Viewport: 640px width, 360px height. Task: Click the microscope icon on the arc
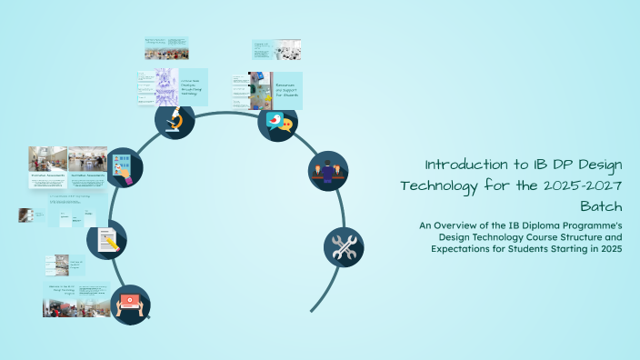tap(175, 120)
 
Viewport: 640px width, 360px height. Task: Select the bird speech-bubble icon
tap(277, 121)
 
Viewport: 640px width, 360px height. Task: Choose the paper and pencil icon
tap(106, 241)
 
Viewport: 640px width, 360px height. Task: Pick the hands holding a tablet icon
tap(130, 305)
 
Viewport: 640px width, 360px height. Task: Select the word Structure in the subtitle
tap(570, 237)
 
